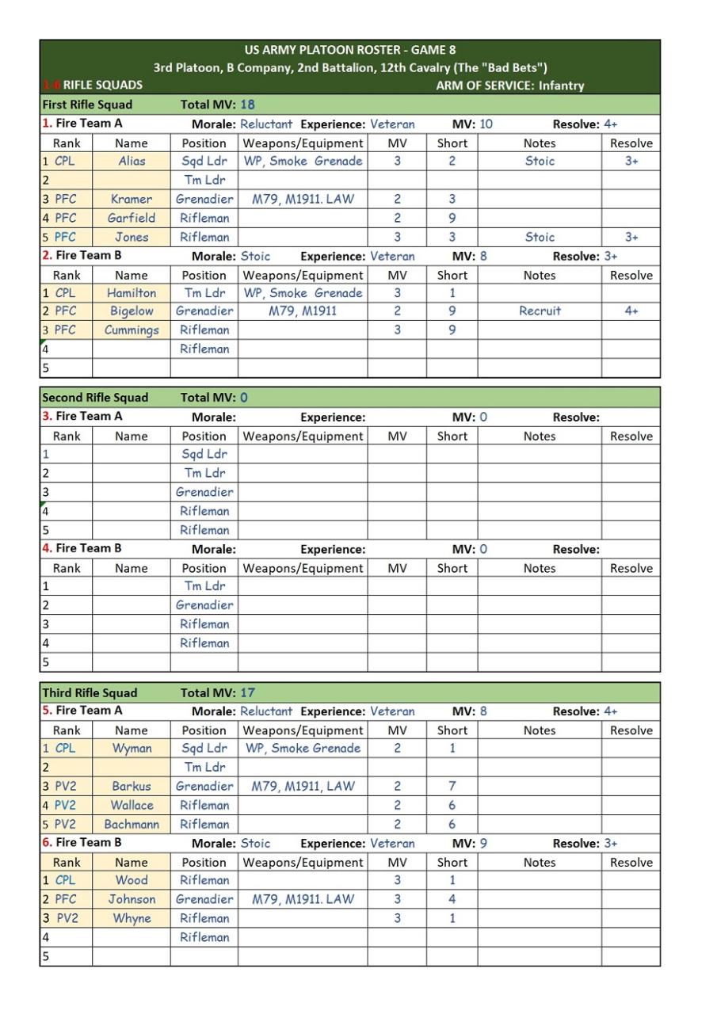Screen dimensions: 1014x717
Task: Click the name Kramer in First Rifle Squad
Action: click(132, 199)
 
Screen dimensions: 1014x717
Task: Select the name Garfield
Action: click(132, 218)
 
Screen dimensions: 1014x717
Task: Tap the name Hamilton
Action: click(132, 293)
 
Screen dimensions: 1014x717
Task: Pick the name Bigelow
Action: click(132, 311)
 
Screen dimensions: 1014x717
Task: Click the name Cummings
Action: click(132, 330)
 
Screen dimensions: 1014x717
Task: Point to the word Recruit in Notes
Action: click(540, 311)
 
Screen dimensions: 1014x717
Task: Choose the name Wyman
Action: click(132, 749)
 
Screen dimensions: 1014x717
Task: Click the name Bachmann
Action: click(132, 825)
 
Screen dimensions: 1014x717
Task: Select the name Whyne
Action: click(132, 919)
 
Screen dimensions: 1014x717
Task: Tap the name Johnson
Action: click(132, 900)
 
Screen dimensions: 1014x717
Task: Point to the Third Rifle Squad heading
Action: click(90, 693)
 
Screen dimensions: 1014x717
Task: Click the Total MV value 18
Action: click(247, 105)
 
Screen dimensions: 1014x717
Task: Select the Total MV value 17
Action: click(247, 693)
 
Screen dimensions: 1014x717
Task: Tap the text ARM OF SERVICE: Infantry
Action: click(509, 86)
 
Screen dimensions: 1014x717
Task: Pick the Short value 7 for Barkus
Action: click(452, 787)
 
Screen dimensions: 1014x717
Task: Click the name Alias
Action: click(132, 161)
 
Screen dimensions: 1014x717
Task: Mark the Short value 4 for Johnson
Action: click(452, 900)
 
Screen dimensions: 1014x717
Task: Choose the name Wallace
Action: click(132, 806)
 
